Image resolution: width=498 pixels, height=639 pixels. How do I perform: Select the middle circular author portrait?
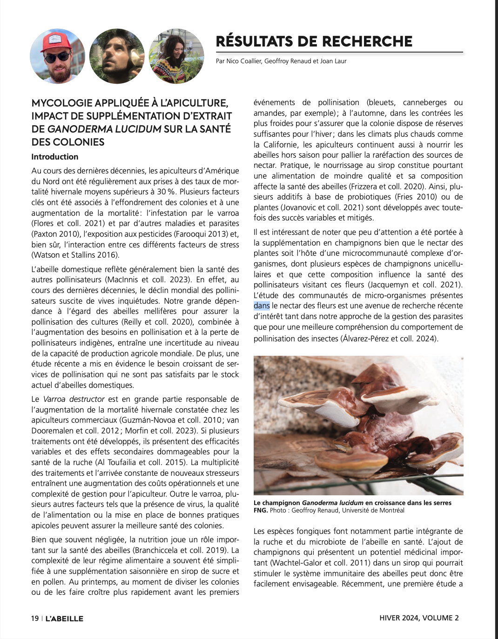click(x=117, y=56)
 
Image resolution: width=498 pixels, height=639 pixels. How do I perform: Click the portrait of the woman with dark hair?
click(x=176, y=56)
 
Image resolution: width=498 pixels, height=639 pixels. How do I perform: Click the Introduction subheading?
click(x=55, y=157)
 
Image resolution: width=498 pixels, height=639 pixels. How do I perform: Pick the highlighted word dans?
click(x=262, y=306)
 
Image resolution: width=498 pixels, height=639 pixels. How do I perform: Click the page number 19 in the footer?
click(x=35, y=618)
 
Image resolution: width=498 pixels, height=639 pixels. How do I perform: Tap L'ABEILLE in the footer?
click(x=64, y=619)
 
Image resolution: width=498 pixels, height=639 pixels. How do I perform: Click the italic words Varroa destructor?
click(x=74, y=399)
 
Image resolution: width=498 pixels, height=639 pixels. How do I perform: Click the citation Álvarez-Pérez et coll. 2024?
click(x=389, y=339)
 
